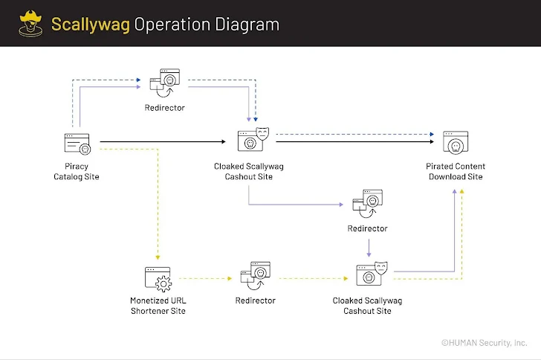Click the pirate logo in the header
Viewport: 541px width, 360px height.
(x=29, y=23)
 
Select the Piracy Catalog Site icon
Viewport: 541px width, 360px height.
(x=76, y=142)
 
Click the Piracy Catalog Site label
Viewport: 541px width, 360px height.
(x=76, y=171)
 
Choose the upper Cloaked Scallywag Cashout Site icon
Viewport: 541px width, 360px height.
(x=253, y=140)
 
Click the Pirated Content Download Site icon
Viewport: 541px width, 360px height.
(x=456, y=141)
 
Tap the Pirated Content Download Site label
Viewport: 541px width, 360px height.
(x=456, y=171)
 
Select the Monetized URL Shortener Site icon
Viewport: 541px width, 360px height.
(x=158, y=279)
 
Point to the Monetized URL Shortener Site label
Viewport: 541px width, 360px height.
(x=158, y=305)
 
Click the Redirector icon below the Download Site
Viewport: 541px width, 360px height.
(x=367, y=203)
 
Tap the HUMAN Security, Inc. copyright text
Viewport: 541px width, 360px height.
(x=484, y=343)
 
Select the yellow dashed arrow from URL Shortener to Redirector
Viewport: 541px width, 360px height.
(x=201, y=279)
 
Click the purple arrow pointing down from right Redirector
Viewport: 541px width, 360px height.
(x=369, y=248)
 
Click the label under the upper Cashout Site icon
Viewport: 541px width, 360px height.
(x=248, y=171)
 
